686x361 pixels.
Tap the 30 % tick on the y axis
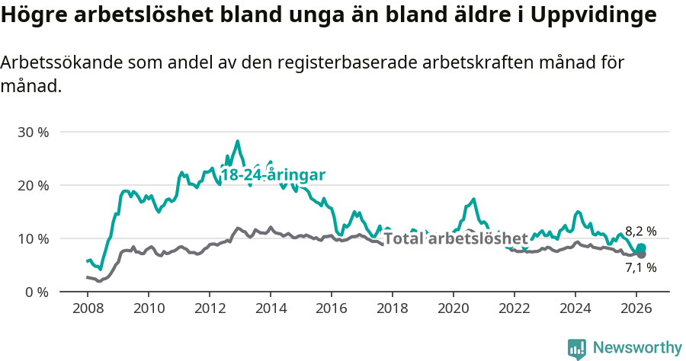33,132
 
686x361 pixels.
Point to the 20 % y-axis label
33,185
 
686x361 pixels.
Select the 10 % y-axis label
33,238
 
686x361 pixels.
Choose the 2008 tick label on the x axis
88,308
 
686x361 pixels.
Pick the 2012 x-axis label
209,308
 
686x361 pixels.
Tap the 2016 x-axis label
332,308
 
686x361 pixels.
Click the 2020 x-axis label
454,308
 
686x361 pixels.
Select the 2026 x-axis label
637,308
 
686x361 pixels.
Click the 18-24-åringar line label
273,175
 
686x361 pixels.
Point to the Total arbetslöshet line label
456,238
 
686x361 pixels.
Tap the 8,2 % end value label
640,231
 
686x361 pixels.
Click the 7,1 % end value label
640,267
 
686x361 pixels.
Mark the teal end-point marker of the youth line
641,248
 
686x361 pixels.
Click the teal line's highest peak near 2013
237,141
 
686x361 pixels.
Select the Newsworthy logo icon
577,349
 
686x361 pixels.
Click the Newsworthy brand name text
637,348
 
